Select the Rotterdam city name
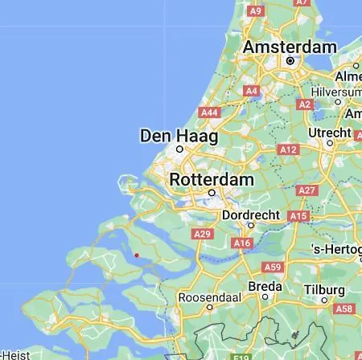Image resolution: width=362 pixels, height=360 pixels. tap(212, 180)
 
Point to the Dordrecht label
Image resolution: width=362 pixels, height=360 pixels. tap(252, 215)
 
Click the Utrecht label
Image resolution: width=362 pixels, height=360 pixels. tap(330, 132)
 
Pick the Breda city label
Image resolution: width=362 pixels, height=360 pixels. tap(265, 287)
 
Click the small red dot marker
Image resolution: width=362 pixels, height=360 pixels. tap(137, 256)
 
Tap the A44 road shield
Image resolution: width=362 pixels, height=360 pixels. tap(209, 113)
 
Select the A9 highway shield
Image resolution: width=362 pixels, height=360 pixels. tap(256, 10)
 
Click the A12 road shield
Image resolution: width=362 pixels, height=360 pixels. tap(287, 149)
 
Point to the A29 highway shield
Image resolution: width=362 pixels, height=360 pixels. tap(204, 234)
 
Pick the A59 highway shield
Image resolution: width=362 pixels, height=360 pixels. tap(273, 267)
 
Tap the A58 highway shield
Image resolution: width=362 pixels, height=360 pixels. tap(344, 309)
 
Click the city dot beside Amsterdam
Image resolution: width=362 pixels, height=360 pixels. tap(290, 61)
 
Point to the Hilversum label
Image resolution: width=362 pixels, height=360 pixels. tap(339, 92)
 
